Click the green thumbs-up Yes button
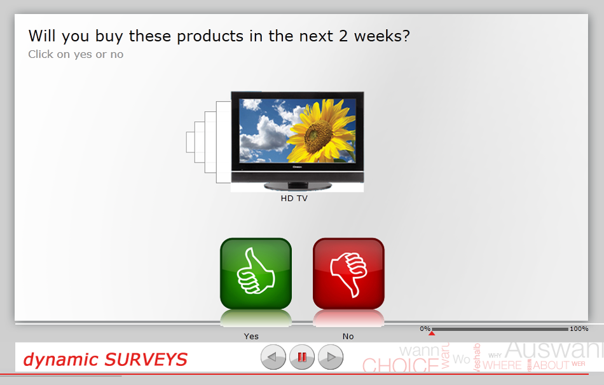click(256, 273)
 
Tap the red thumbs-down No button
click(348, 273)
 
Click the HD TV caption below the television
click(294, 198)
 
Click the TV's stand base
click(298, 186)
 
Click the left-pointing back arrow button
click(273, 358)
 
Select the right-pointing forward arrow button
click(331, 358)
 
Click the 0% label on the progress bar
click(425, 328)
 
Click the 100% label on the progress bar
click(579, 328)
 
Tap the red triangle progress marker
click(432, 333)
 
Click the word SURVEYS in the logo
click(146, 360)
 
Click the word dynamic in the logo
click(61, 360)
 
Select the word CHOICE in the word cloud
click(400, 366)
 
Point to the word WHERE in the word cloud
click(502, 365)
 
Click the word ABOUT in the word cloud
click(551, 365)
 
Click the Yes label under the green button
click(251, 336)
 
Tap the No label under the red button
click(348, 336)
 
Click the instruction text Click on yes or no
click(76, 55)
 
